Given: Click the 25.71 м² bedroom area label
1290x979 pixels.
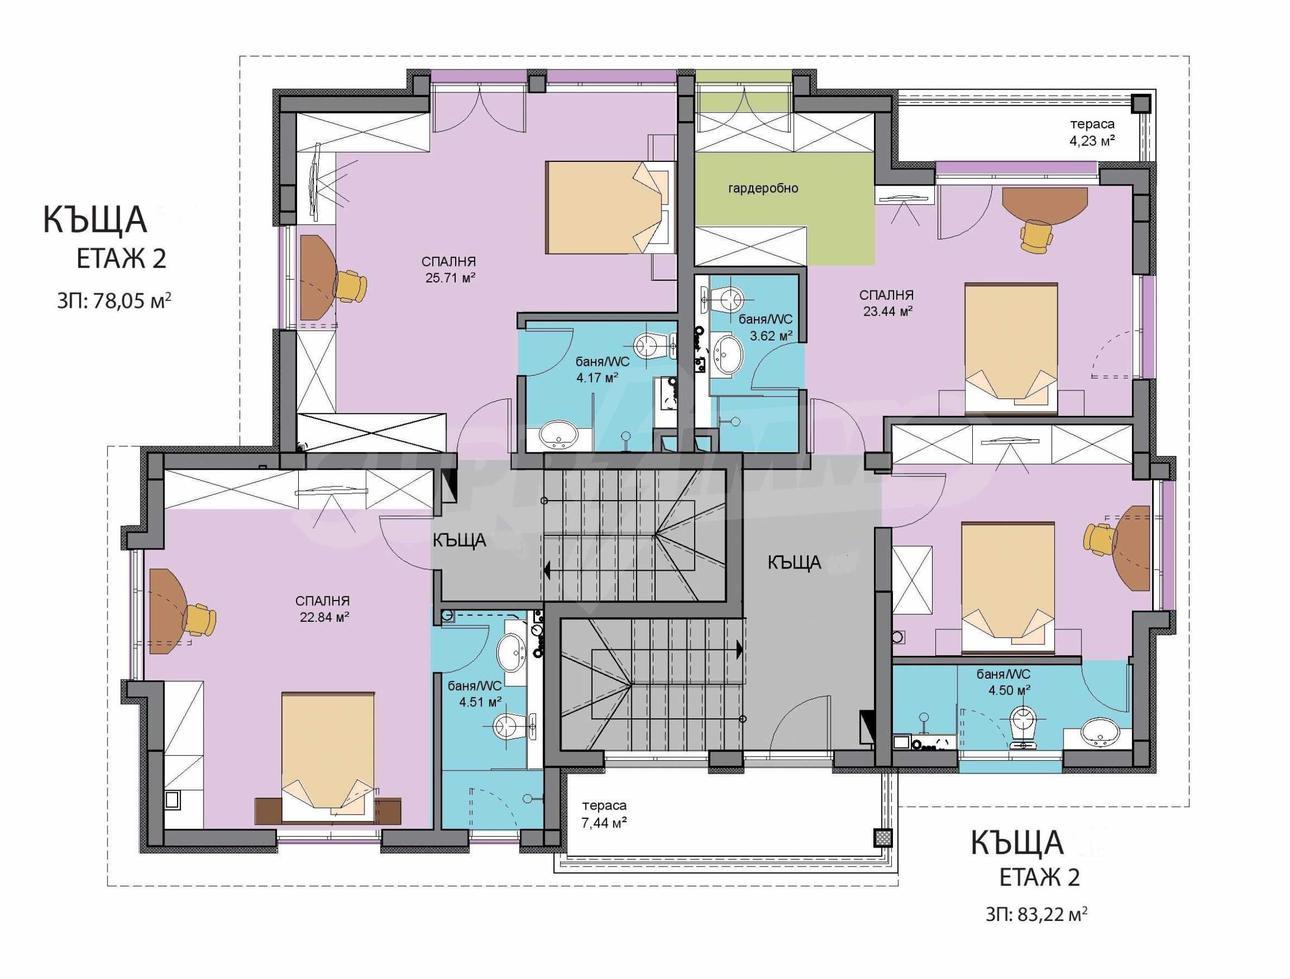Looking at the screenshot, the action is coord(450,269).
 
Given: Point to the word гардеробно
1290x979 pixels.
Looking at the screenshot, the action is coord(763,189).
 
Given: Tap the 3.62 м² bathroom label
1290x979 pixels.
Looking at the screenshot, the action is coord(766,328).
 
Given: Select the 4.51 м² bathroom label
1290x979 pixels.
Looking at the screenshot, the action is coord(475,694).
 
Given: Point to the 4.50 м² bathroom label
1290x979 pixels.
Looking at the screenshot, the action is coord(1004,682).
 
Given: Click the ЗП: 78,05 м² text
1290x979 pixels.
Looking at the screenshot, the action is coord(114,300).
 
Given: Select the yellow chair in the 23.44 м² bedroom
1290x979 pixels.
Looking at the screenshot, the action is coord(1036,236).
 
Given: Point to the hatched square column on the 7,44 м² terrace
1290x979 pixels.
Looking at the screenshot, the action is coord(882,838).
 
